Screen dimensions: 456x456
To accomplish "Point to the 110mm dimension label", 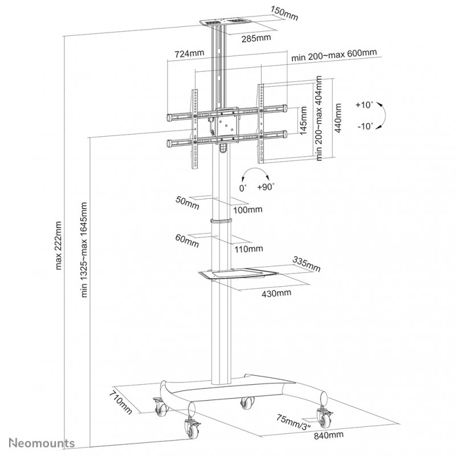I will click(x=249, y=249).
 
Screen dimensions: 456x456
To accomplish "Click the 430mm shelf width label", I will click(x=277, y=293).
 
